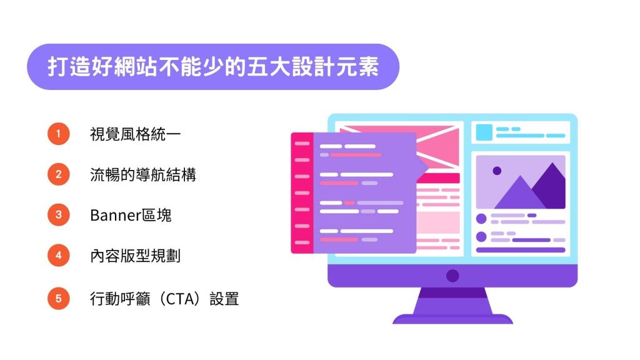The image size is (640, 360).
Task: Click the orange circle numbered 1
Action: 58,134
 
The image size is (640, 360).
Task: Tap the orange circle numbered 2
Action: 58,175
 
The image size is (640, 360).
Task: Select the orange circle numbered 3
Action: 58,216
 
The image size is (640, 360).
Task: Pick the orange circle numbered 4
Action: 58,256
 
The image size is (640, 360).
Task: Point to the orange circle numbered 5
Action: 58,298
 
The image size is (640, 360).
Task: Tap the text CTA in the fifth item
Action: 182,299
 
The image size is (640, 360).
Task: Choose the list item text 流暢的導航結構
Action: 142,175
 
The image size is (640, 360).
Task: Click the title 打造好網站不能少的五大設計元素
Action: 213,67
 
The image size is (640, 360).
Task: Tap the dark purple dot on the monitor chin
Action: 452,276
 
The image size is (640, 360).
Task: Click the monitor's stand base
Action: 452,319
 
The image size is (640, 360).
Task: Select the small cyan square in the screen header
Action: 484,132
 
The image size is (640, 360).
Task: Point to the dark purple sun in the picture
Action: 497,171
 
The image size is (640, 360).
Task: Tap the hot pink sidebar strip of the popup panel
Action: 302,192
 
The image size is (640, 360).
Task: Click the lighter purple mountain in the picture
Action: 519,196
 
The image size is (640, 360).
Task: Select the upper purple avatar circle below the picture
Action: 481,219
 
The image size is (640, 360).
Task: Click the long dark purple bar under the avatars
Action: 521,250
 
